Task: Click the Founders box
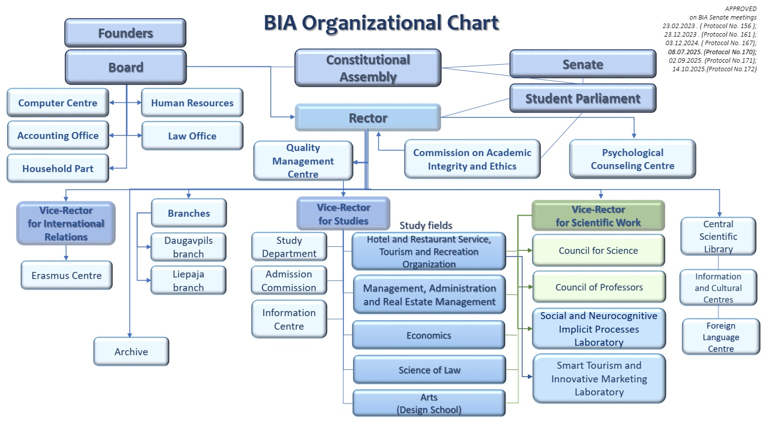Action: (125, 33)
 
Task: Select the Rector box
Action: (368, 118)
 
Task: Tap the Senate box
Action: (583, 64)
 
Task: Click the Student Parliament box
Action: (583, 98)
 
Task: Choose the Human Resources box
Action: (192, 103)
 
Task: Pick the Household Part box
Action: (58, 169)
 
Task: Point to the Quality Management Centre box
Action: (303, 161)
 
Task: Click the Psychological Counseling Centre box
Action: (632, 159)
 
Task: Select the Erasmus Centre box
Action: (66, 275)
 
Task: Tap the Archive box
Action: (131, 352)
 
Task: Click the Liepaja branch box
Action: (188, 280)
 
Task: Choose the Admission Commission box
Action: (289, 280)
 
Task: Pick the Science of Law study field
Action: (429, 370)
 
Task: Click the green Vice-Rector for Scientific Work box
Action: (598, 216)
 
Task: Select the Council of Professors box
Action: (599, 287)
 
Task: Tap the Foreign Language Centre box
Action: (720, 337)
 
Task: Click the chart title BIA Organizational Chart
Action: (381, 23)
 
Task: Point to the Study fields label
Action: (426, 225)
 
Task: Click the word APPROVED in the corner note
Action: (740, 9)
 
